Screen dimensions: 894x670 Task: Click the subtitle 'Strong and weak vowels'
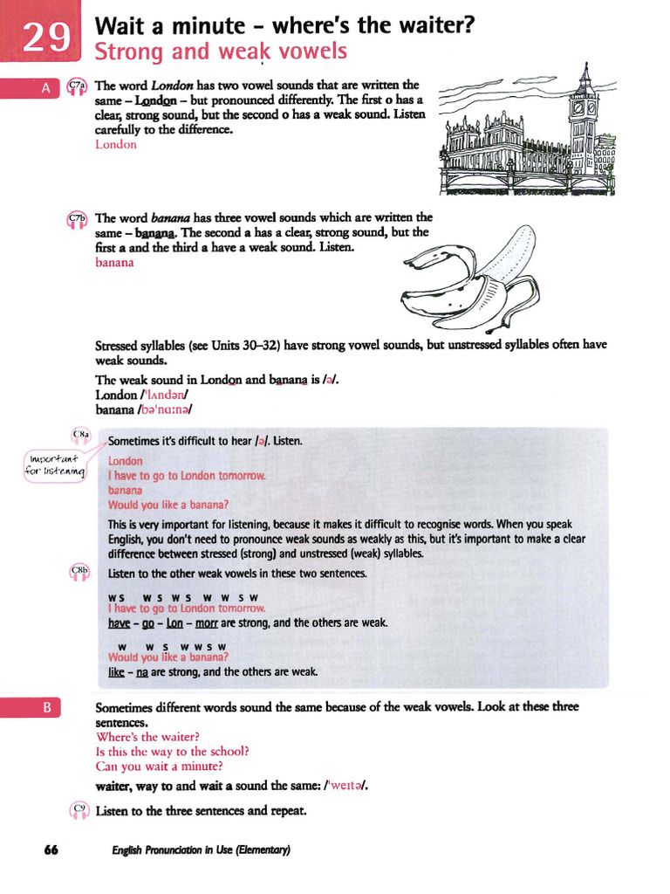click(x=220, y=52)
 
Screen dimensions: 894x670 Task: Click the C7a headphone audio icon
click(x=76, y=86)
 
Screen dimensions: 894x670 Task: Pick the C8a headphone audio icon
click(x=81, y=435)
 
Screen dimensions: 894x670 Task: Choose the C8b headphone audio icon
click(x=79, y=573)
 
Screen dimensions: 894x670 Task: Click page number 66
click(x=50, y=850)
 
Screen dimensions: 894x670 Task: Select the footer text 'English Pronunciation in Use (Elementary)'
click(x=201, y=850)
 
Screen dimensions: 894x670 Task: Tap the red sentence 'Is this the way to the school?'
click(x=173, y=752)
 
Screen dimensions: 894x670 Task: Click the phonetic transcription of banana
click(x=163, y=409)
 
